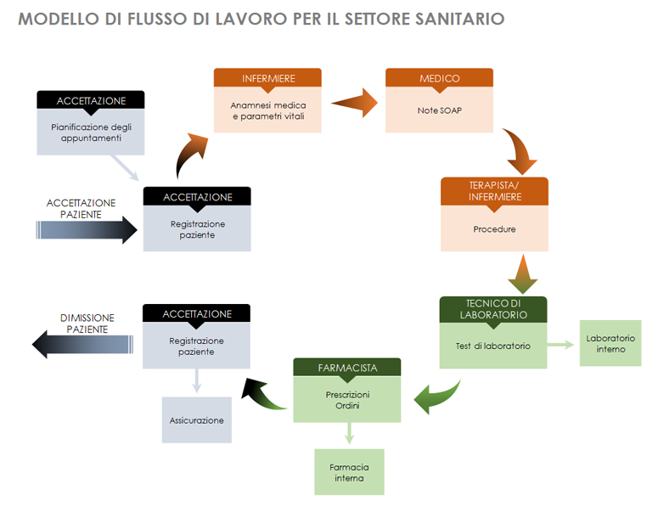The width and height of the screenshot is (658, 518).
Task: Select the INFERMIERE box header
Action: pyautogui.click(x=267, y=78)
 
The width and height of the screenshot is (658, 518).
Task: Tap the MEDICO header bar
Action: pyautogui.click(x=439, y=78)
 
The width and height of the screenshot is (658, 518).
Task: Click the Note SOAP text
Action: pyautogui.click(x=439, y=110)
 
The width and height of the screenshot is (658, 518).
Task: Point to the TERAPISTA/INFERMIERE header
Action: pyautogui.click(x=494, y=190)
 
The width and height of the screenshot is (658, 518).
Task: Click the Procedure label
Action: pyautogui.click(x=494, y=229)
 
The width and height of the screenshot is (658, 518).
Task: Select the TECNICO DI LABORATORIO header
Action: pyautogui.click(x=492, y=309)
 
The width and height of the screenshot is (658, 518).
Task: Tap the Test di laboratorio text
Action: pyautogui.click(x=492, y=346)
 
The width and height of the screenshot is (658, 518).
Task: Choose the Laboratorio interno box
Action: pyautogui.click(x=610, y=343)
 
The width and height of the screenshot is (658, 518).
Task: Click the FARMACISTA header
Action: pyautogui.click(x=347, y=368)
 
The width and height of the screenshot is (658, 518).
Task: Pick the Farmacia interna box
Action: pyautogui.click(x=349, y=472)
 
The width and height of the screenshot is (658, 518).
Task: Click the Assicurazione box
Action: pyautogui.click(x=196, y=419)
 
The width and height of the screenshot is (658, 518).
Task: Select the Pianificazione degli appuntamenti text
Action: pyautogui.click(x=91, y=132)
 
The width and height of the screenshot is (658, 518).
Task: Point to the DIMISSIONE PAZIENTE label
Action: pyautogui.click(x=87, y=323)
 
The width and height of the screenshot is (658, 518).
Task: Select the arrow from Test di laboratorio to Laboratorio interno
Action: pyautogui.click(x=561, y=344)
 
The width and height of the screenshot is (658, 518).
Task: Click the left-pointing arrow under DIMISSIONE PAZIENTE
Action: pyautogui.click(x=82, y=345)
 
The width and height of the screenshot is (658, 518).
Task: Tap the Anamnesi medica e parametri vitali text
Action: pyautogui.click(x=267, y=110)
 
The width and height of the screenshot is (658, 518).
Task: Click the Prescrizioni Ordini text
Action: pyautogui.click(x=347, y=400)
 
